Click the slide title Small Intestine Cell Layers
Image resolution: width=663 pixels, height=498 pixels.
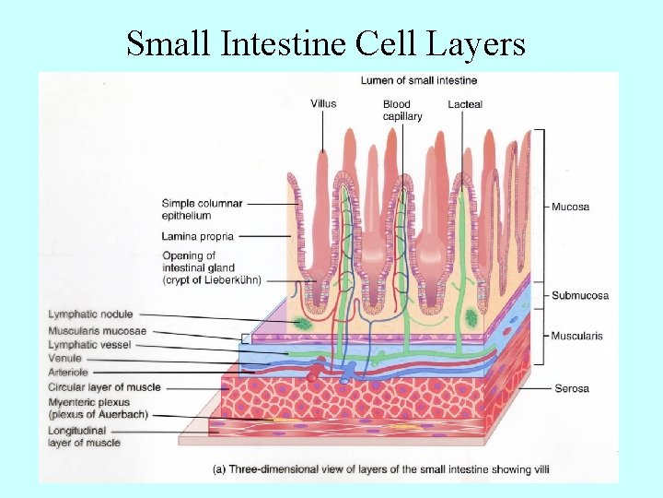click(326, 42)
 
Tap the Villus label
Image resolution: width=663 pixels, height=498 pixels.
click(323, 104)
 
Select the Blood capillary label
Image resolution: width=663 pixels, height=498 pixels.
click(402, 110)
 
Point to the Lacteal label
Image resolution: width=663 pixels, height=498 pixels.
click(465, 104)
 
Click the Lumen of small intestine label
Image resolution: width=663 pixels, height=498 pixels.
click(418, 80)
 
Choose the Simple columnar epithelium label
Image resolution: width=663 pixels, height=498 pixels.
click(202, 209)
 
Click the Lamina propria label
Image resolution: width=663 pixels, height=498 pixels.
click(197, 236)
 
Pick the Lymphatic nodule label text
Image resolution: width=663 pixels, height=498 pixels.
click(90, 314)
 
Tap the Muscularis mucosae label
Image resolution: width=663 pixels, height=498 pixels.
click(97, 330)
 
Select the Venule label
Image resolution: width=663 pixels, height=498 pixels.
click(65, 358)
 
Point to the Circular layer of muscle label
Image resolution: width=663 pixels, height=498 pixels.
click(104, 386)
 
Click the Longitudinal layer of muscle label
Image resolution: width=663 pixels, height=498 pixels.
click(84, 436)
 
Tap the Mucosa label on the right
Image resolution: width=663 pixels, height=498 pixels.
click(570, 207)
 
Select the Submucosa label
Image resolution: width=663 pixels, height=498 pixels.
click(579, 295)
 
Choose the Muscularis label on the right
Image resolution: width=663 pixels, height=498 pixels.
click(576, 336)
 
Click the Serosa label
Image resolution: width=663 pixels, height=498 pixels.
click(571, 388)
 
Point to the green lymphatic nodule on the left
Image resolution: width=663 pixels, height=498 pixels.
click(303, 324)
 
